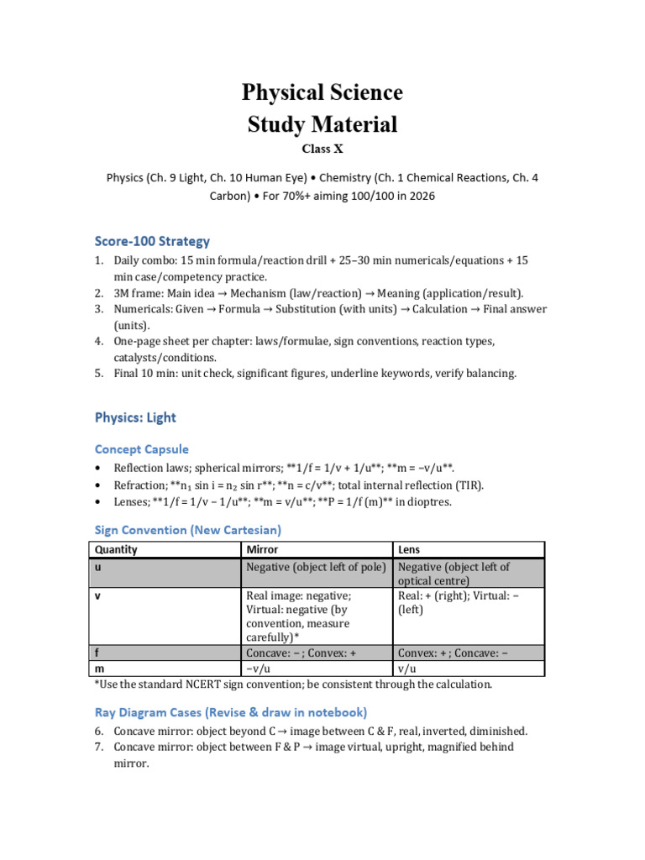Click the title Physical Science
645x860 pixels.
pos(322,92)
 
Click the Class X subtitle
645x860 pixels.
pos(322,150)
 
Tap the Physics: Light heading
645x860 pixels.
pos(135,417)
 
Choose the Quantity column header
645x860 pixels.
pos(117,550)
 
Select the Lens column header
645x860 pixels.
pos(409,550)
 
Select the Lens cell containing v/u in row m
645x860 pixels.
pos(406,669)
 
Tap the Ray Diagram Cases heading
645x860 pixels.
pos(230,712)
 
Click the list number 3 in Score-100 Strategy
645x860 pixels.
pos(98,309)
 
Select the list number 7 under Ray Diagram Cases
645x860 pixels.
pos(98,747)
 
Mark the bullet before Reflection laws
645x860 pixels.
pos(98,468)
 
